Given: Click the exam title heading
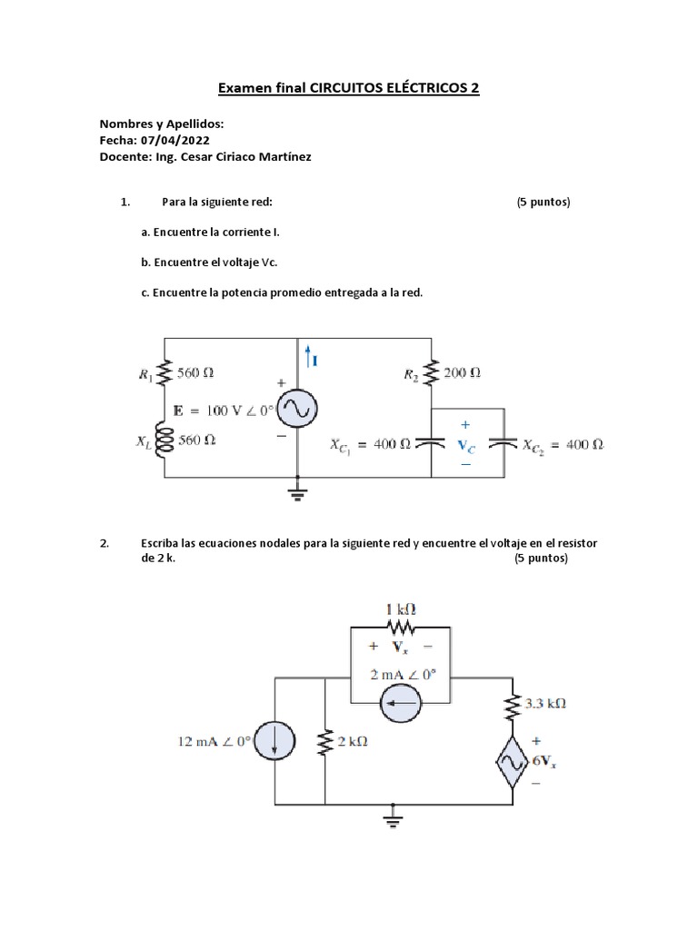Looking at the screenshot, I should click(x=348, y=88).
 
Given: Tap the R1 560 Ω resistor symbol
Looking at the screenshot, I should click(x=165, y=372).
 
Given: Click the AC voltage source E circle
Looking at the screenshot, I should click(x=297, y=411).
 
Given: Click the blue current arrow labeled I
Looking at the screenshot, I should click(x=310, y=354).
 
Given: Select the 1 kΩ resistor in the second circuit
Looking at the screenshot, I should click(x=400, y=627).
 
